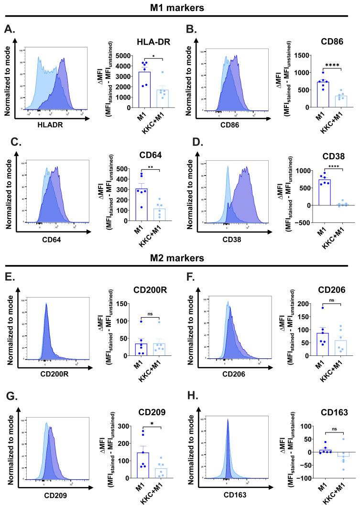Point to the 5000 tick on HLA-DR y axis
click(x=119, y=55)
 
